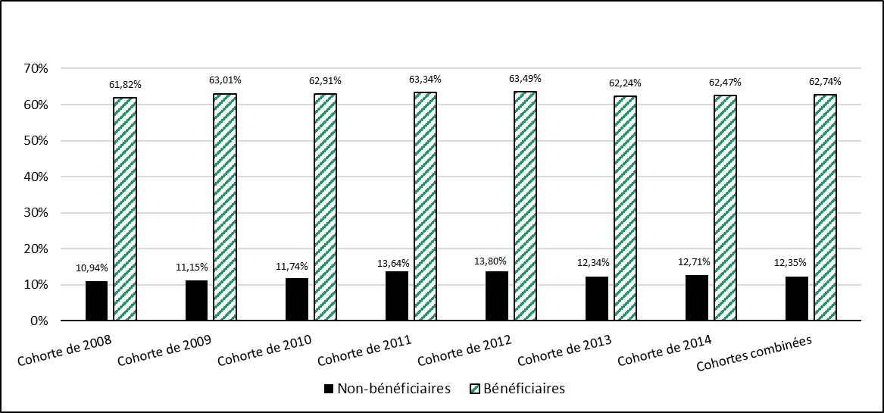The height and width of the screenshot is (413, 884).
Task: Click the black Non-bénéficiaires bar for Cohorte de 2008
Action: pyautogui.click(x=96, y=301)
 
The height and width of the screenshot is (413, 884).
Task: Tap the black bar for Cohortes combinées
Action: pyautogui.click(x=797, y=299)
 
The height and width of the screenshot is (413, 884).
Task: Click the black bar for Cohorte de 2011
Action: pyautogui.click(x=397, y=296)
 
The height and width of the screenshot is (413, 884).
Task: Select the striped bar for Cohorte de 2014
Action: pyautogui.click(x=725, y=208)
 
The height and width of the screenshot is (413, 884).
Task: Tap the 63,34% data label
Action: pyautogui.click(x=425, y=80)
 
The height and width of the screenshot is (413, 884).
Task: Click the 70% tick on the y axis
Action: pyautogui.click(x=36, y=68)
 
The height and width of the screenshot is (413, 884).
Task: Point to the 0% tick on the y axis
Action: pyautogui.click(x=39, y=321)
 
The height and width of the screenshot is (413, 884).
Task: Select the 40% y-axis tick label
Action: pyautogui.click(x=36, y=177)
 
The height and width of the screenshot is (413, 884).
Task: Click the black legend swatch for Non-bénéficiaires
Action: pyautogui.click(x=329, y=389)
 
